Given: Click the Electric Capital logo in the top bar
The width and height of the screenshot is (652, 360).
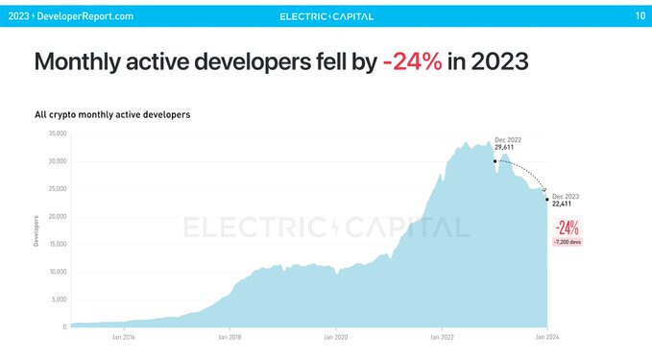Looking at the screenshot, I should click(326, 16).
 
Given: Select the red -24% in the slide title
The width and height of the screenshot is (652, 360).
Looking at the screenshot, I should click(412, 62).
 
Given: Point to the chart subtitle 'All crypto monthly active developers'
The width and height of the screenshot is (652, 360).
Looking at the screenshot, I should click(111, 114).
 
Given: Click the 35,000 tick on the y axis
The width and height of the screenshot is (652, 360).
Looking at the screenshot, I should click(56, 132).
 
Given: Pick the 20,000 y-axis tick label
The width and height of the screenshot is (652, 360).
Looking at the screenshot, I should click(56, 216).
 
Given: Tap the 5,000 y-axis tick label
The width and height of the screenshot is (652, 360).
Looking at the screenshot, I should click(58, 300).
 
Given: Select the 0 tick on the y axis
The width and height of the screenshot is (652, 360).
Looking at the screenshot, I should click(63, 327).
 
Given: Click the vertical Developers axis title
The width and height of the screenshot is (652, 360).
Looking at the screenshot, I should click(36, 230).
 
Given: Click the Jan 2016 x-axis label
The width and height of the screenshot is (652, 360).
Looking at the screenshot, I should click(123, 338).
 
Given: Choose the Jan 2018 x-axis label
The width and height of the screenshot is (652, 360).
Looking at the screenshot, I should click(229, 338).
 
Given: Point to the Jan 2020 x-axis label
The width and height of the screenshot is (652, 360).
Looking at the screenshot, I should click(335, 338).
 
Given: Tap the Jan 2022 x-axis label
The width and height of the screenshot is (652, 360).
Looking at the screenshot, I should click(441, 338).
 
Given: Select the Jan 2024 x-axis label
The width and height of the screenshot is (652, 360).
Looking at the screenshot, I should click(546, 338).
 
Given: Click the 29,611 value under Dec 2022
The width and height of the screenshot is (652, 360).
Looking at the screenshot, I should click(505, 148).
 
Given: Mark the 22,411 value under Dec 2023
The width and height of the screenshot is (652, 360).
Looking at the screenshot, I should click(563, 204).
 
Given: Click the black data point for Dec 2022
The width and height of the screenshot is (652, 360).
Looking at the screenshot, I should click(495, 161).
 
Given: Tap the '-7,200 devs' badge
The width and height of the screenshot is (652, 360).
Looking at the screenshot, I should click(567, 242).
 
